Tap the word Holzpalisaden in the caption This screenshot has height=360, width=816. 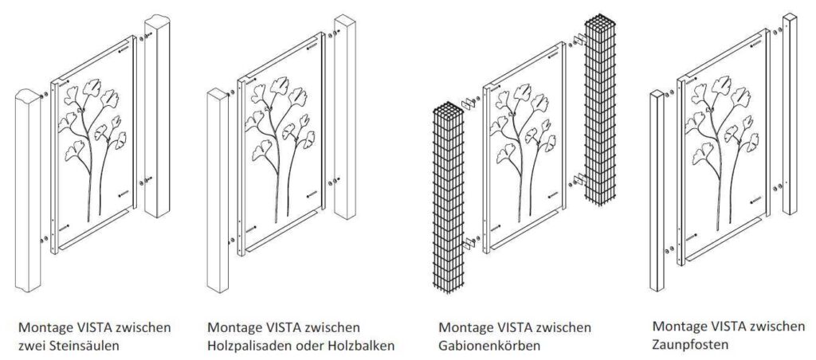click(246, 346)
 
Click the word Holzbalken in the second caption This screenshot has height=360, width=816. click(362, 346)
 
